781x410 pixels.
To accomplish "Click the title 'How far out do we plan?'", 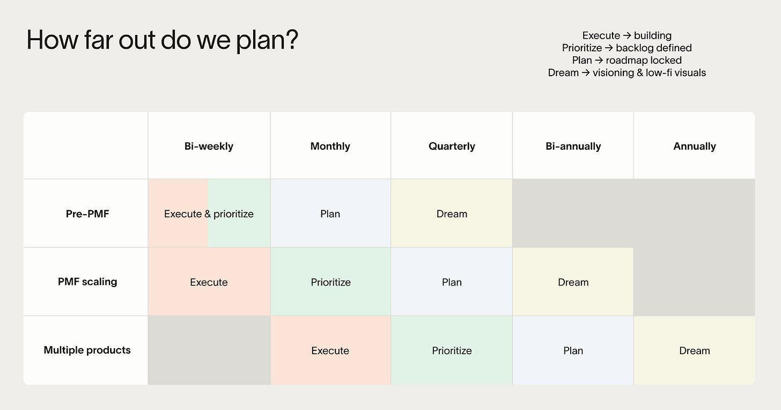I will [162, 40].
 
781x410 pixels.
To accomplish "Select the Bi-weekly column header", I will [209, 146].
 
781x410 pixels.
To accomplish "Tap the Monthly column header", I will [330, 146].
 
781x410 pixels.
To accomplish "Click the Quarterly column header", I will [452, 146].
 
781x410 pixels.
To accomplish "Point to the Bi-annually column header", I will [573, 146].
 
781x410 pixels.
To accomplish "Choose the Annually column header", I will [695, 146].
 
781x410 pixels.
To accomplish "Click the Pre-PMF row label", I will [87, 214].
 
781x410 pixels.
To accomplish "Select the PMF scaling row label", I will [87, 282].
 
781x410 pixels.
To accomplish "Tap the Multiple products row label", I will [87, 350].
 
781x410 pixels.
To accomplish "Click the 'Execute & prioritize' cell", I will [209, 214].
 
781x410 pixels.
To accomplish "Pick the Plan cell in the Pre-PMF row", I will [330, 214].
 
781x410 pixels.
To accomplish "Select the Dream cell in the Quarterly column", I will [452, 214].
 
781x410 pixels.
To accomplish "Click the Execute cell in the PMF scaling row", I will [209, 282].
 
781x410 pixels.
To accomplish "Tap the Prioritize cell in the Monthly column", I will [330, 282].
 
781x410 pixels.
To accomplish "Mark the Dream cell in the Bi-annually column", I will [573, 282].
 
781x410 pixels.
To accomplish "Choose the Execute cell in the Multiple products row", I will [330, 350].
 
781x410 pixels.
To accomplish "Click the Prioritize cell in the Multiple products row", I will [452, 350].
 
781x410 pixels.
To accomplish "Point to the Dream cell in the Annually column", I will [695, 350].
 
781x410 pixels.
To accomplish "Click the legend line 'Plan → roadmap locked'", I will [627, 60].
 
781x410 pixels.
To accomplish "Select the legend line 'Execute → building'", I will [627, 35].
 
